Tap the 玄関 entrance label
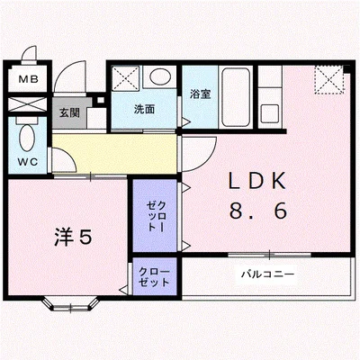68,113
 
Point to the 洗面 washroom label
145,110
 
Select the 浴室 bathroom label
200,93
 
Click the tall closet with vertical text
155,215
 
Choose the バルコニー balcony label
266,273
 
